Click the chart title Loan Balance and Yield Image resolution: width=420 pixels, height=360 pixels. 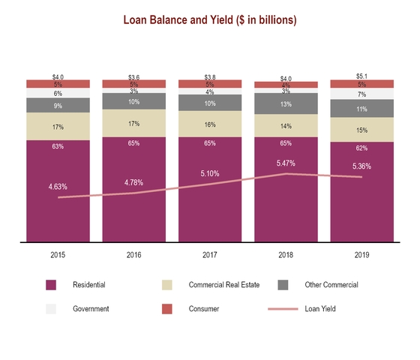tap(209, 20)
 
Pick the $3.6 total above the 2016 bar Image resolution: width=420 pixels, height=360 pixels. tap(133, 77)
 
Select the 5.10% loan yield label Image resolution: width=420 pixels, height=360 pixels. tap(210, 173)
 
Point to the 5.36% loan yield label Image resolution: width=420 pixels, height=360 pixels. tap(362, 166)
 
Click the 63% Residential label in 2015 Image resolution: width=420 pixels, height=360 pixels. tap(58, 147)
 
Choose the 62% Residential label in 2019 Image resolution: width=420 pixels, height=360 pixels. tap(362, 148)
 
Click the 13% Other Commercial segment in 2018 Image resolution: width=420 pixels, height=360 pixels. tap(286, 104)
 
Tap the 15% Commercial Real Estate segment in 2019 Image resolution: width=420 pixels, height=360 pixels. tap(362, 130)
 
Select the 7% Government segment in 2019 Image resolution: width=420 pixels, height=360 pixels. tap(362, 94)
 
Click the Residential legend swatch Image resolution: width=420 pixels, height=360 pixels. tap(51, 285)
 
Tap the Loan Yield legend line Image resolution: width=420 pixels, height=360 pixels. tap(283, 308)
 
